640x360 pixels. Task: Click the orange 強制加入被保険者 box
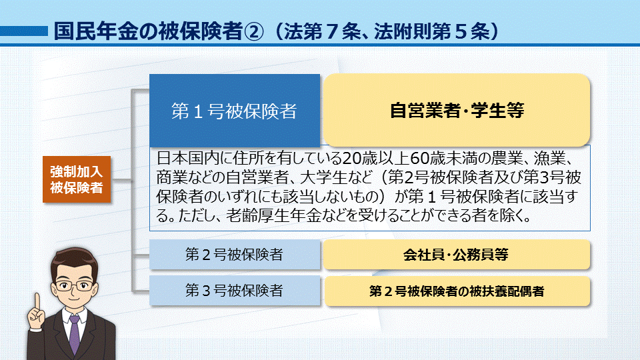coord(77,179)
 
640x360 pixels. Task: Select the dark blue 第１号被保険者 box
coord(235,110)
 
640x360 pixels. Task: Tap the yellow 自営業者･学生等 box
coord(457,110)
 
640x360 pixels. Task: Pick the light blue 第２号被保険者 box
coord(235,254)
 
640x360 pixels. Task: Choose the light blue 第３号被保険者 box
coord(235,291)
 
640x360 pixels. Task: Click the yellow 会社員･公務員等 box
coord(457,255)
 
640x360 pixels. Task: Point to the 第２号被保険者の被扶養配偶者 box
coord(457,291)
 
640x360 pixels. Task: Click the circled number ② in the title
coord(254,31)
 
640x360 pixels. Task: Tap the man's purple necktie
coord(74,334)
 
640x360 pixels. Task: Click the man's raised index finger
coord(37,302)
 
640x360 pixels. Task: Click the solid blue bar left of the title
coord(24,31)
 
